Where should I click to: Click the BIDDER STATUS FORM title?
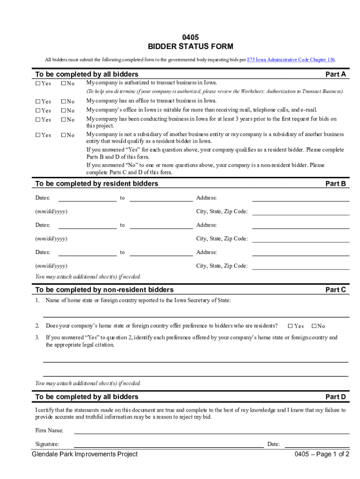click(x=190, y=47)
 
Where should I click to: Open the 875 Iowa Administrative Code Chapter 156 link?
click(x=291, y=60)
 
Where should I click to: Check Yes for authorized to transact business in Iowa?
click(x=38, y=84)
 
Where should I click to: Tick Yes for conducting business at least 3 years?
click(x=38, y=120)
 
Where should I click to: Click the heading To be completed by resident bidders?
click(x=97, y=184)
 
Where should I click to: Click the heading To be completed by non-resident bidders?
click(x=104, y=290)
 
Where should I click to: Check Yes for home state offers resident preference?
click(x=290, y=326)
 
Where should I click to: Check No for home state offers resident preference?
click(x=314, y=326)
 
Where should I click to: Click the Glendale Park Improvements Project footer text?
click(x=85, y=454)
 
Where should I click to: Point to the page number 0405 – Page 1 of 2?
click(x=322, y=454)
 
